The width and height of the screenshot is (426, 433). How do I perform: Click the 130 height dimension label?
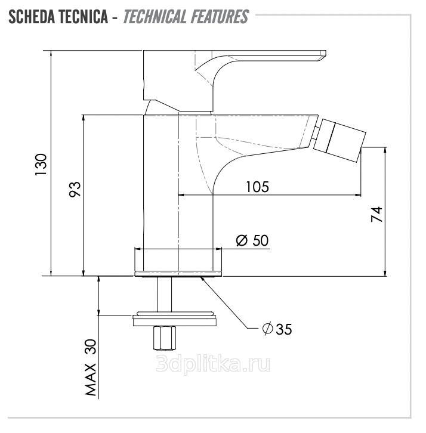pos(41,165)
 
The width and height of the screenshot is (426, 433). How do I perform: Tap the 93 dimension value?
pos(75,189)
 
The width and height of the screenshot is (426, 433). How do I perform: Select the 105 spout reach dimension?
pos(257,187)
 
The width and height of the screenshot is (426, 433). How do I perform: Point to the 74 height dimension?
pos(376,214)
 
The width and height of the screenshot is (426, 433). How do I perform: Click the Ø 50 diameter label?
pos(252,240)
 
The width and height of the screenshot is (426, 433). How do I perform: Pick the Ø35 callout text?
pos(277,329)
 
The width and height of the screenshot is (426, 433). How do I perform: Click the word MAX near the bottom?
pos(91,380)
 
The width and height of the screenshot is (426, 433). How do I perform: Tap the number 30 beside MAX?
pos(91,347)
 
